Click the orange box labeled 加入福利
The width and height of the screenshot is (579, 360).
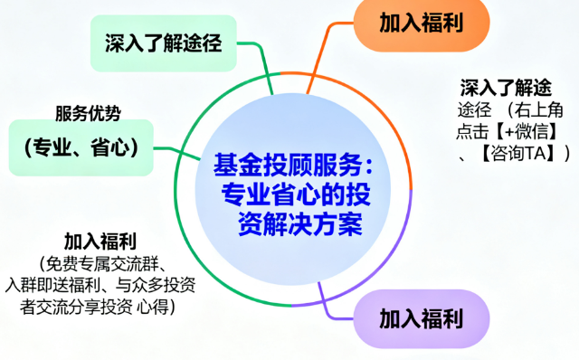422,23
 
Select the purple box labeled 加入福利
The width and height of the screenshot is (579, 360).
421,318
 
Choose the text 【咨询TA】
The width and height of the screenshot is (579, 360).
517,154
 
